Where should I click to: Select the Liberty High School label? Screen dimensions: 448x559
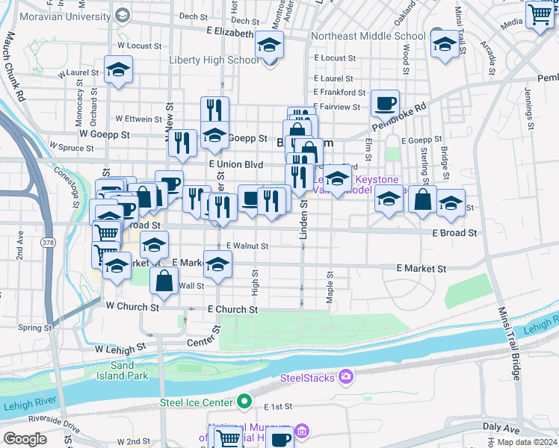tap(214, 60)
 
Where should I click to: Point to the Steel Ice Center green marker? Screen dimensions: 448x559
tap(244, 402)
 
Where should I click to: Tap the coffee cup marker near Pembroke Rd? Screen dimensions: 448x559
tap(385, 104)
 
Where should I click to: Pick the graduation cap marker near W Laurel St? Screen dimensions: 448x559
tap(118, 70)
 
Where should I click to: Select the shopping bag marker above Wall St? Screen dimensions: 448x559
tap(164, 282)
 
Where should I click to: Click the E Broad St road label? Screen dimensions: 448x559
tap(454, 233)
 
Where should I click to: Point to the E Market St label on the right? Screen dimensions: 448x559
tap(421, 268)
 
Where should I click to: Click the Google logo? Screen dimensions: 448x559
tap(25, 439)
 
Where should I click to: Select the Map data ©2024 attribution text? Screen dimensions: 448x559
tap(526, 442)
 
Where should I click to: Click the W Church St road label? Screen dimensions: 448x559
tap(132, 307)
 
